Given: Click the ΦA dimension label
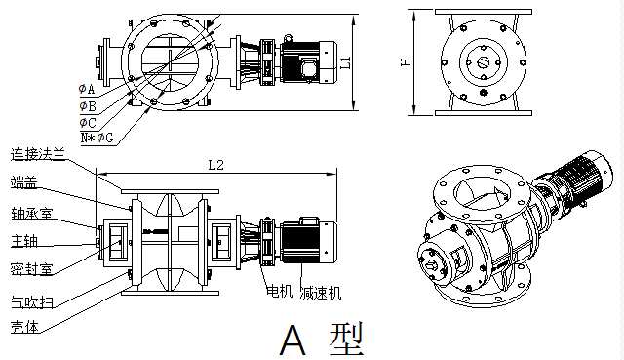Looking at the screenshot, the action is click(87, 89).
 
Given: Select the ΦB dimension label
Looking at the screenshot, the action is click(88, 106).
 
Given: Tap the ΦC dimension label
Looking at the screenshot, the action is click(88, 122).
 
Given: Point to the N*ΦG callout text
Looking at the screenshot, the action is click(97, 138).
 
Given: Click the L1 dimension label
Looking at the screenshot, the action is click(346, 62).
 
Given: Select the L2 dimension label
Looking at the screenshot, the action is click(216, 165).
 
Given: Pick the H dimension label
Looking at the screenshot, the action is click(406, 62).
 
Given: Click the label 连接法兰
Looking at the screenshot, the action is click(38, 154).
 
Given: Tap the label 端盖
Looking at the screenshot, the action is click(24, 182).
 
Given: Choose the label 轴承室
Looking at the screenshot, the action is click(31, 214).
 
